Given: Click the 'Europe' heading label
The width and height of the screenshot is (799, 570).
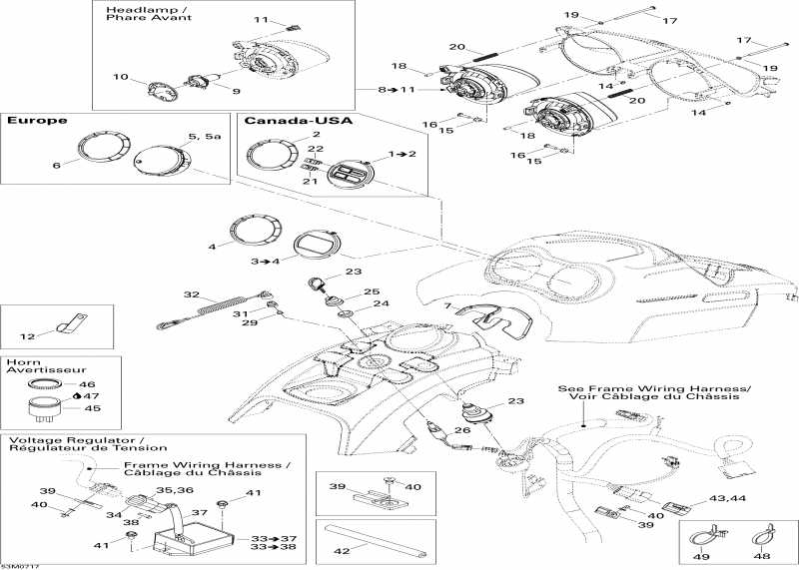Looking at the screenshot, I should pyautogui.click(x=37, y=120).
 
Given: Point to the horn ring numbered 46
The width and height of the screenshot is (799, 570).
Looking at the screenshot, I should pyautogui.click(x=42, y=383).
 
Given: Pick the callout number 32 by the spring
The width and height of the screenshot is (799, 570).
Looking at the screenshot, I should pyautogui.click(x=192, y=294).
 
